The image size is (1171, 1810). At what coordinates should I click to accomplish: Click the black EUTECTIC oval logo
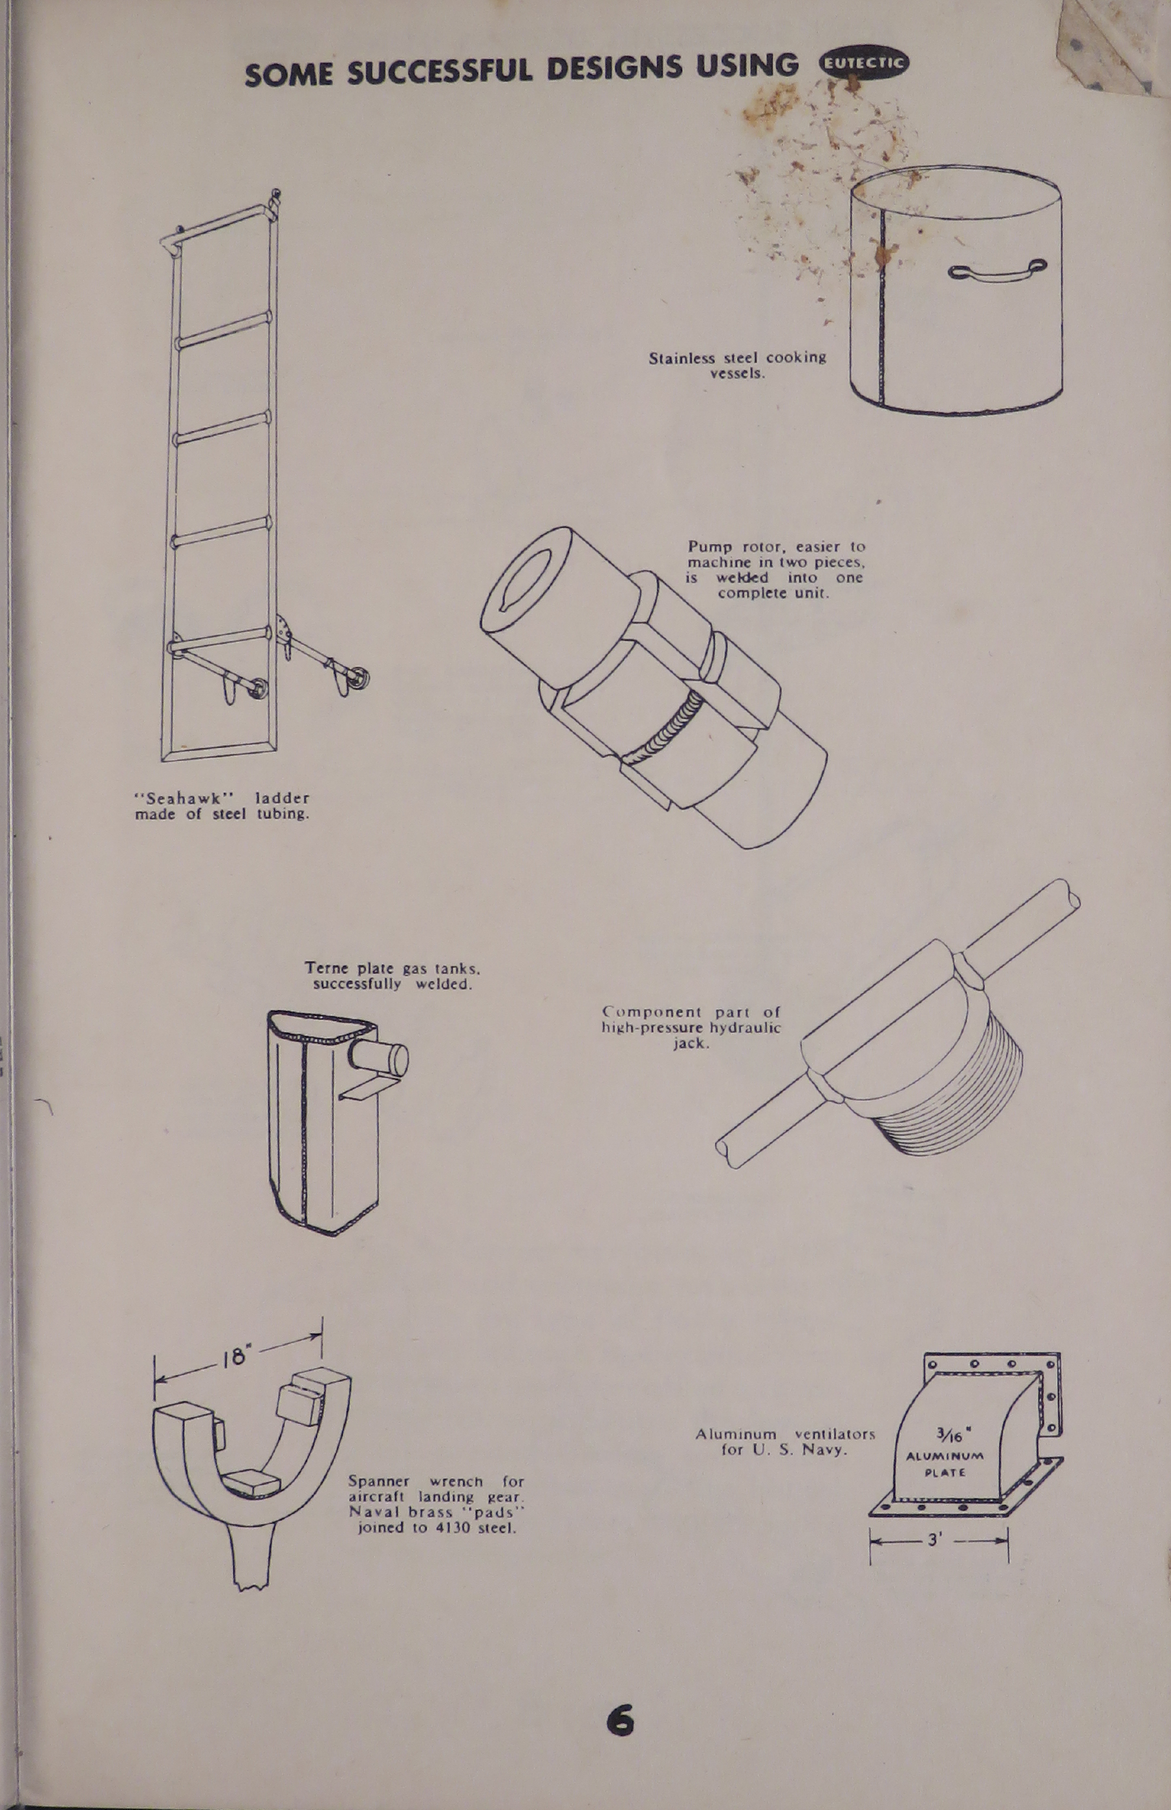[863, 64]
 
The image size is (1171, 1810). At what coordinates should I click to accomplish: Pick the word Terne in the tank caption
[326, 968]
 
